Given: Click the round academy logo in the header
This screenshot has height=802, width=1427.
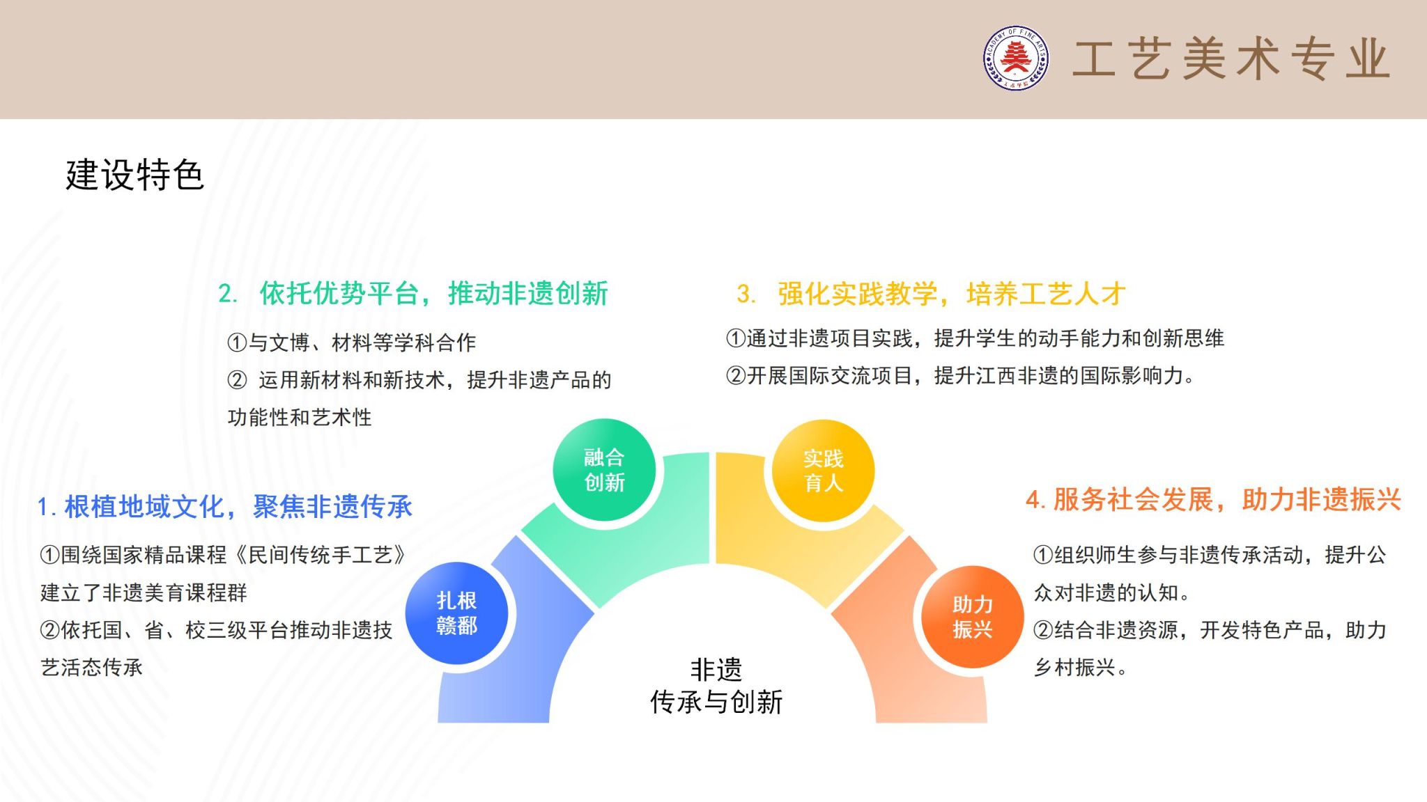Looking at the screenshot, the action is coord(1016,58).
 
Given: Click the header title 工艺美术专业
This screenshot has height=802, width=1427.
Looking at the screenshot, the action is coord(1231,59).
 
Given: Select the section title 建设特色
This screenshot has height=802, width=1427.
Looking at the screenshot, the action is coord(134,175).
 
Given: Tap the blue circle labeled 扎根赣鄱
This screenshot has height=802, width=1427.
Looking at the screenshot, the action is coord(456,613).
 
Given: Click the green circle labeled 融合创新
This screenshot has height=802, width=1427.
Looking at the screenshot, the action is coord(604,470).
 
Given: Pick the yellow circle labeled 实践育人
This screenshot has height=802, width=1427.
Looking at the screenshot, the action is coord(823,471).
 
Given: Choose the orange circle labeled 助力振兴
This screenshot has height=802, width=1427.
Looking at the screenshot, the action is coord(972,617).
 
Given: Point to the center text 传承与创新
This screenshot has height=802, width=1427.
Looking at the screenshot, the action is coord(716,702).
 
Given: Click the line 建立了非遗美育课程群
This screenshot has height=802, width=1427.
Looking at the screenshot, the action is coord(144,592).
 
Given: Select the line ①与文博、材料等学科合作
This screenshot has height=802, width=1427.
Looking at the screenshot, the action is coord(352,343).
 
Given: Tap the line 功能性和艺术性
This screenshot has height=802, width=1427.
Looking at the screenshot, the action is coord(300,418).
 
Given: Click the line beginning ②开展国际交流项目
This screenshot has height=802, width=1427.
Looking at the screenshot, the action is coord(961,376).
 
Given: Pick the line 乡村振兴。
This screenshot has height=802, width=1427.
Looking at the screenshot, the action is coord(1081,668).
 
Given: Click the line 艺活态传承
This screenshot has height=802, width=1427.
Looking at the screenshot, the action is coord(92,668).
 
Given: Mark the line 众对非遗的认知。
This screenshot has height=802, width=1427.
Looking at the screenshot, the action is coord(1112,592).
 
